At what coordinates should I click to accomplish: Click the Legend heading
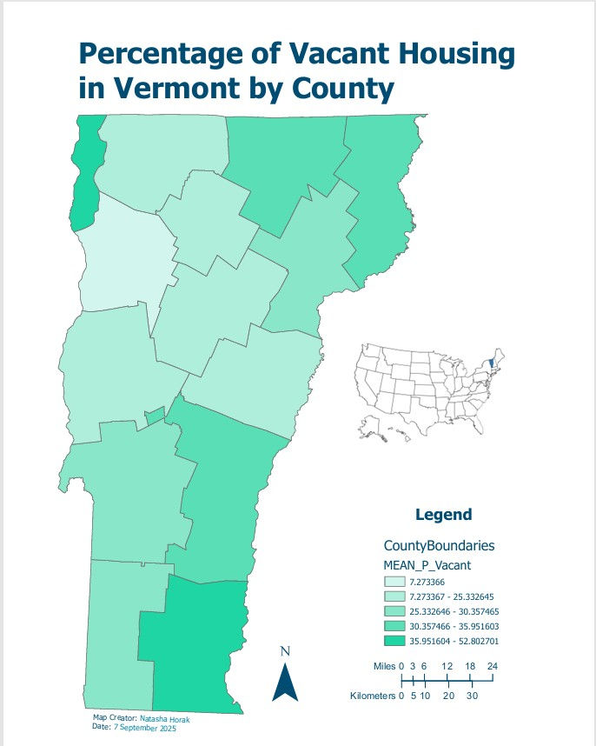point(443,515)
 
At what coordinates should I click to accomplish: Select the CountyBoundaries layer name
point(439,545)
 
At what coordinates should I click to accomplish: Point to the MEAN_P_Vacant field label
point(427,566)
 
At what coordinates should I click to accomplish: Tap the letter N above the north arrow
point(285,651)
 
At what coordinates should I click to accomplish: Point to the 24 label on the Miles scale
point(493,665)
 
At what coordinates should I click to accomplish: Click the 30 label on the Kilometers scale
point(470,696)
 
